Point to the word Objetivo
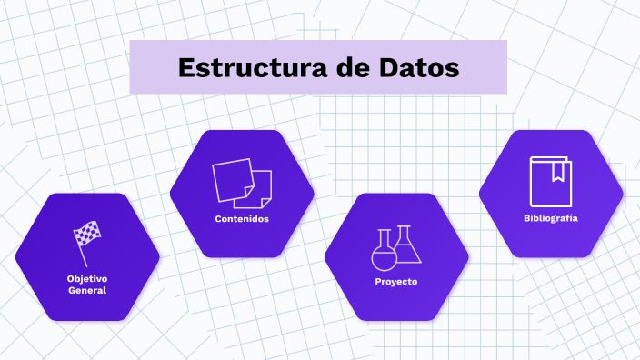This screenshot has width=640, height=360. tap(87, 278)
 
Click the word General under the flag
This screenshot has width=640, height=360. tap(87, 291)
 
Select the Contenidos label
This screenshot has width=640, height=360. tap(242, 219)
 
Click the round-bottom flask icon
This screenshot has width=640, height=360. tap(385, 253)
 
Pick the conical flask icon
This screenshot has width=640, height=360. tap(406, 245)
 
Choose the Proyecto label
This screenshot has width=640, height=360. tap(396, 282)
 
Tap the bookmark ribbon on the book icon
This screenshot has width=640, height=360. tap(558, 169)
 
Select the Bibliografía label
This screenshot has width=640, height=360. tap(551, 218)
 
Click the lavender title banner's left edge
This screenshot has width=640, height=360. tap(132, 67)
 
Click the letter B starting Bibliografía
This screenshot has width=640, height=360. tap(526, 218)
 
